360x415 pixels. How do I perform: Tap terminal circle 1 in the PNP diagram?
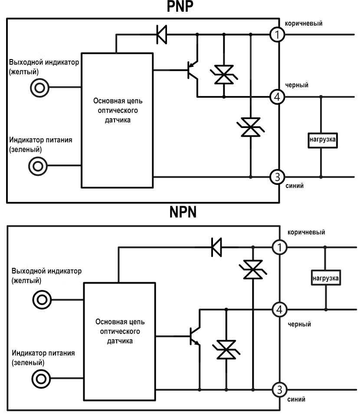[277, 34]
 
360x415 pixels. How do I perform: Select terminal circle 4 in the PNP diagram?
[277, 96]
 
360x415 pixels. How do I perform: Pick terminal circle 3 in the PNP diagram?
[277, 177]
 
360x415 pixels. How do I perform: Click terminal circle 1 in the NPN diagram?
[279, 247]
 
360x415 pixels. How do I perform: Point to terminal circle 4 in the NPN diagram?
[279, 310]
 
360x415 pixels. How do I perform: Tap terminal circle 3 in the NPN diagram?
[279, 389]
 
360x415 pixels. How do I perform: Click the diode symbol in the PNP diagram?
[162, 34]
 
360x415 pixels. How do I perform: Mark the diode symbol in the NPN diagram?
[216, 247]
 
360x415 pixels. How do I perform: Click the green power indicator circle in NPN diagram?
[41, 379]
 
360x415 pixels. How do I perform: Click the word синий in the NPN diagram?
[297, 399]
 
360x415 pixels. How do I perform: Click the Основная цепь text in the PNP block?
[118, 101]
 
